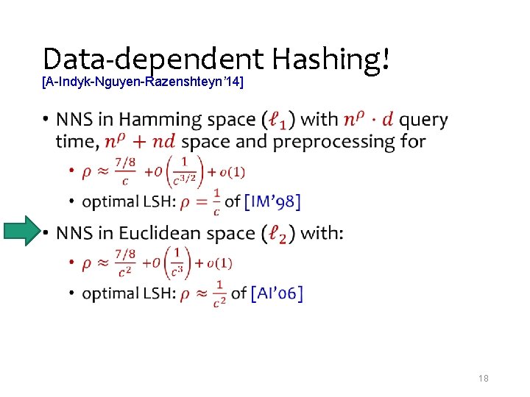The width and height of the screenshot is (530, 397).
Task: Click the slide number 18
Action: click(x=484, y=378)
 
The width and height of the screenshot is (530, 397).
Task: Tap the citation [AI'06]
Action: click(x=277, y=293)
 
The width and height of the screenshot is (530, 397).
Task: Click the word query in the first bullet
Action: click(x=423, y=119)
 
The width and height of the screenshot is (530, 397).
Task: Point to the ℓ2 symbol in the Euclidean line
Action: click(x=283, y=234)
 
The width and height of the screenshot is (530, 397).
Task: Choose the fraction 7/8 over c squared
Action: click(x=126, y=264)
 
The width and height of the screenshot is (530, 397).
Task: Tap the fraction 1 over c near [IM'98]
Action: click(x=216, y=201)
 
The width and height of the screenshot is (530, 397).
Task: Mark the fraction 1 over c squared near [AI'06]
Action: click(x=219, y=293)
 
